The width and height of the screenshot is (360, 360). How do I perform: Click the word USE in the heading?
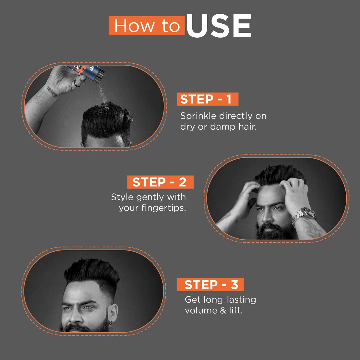point(219,26)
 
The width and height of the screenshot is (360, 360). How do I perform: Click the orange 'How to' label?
point(147,26)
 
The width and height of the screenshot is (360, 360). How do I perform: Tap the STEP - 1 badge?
point(207,99)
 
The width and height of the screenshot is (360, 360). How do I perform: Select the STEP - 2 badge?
point(160,182)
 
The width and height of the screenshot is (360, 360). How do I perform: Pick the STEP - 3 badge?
point(210,285)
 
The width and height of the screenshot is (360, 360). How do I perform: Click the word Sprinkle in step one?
point(198,116)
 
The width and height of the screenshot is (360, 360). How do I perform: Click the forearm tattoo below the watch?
point(312,228)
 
